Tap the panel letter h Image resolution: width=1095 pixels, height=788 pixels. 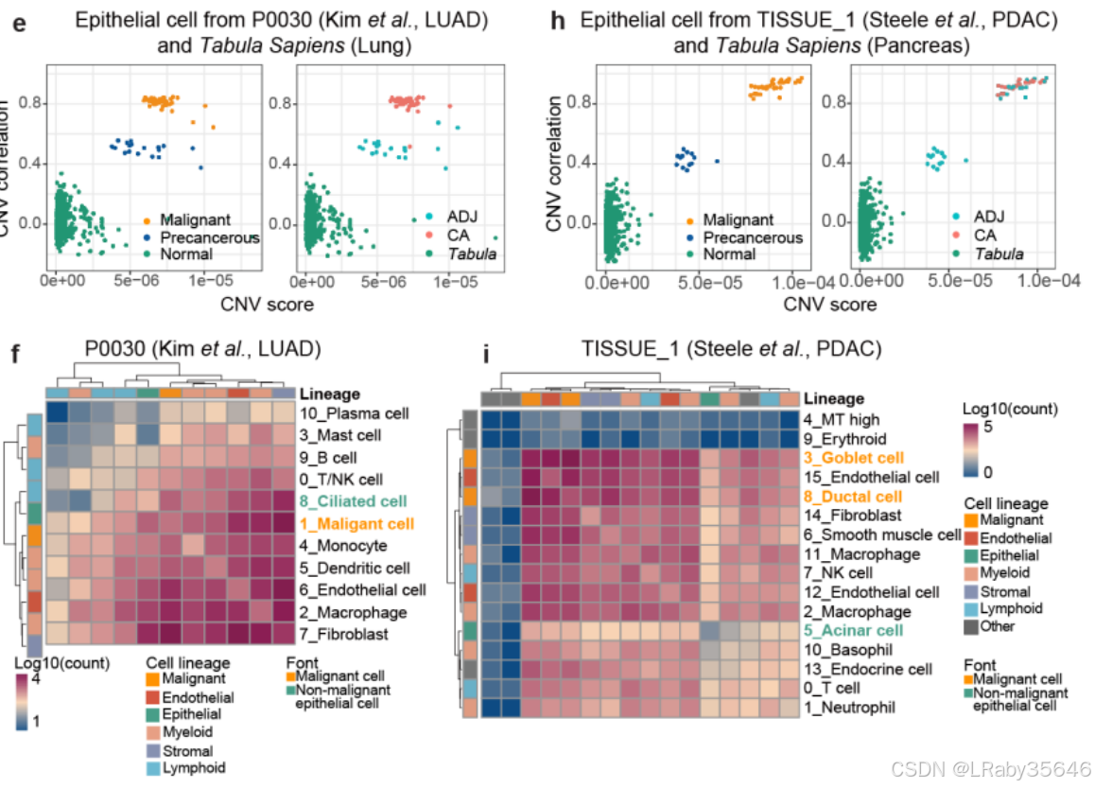[x=558, y=20]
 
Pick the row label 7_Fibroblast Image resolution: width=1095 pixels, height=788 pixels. [x=344, y=634]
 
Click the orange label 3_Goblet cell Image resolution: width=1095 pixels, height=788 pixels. [x=853, y=458]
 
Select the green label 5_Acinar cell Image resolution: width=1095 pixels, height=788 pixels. [x=852, y=630]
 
